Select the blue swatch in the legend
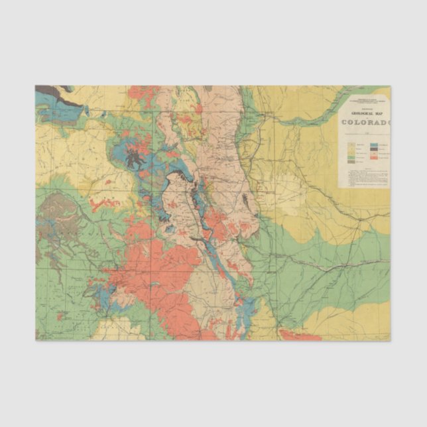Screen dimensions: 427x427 374,145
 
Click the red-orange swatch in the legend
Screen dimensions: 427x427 374,158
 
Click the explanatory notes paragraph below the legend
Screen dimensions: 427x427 364,176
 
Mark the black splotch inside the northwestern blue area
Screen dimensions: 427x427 137,158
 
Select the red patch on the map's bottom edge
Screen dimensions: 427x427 298,335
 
